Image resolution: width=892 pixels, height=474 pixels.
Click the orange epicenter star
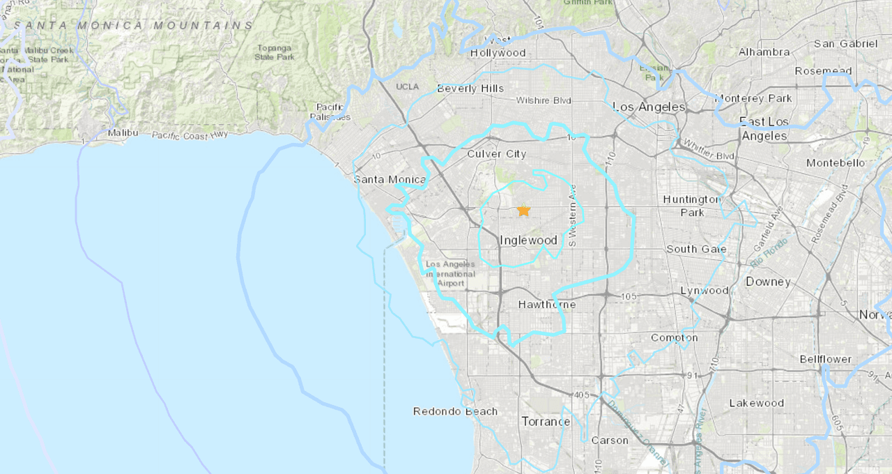pyautogui.click(x=523, y=211)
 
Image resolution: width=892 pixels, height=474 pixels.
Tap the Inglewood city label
pyautogui.click(x=529, y=240)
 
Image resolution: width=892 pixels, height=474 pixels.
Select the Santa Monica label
pyautogui.click(x=390, y=180)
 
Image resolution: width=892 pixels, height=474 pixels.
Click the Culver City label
pyautogui.click(x=497, y=154)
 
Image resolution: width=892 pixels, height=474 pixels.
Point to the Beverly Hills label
pyautogui.click(x=470, y=89)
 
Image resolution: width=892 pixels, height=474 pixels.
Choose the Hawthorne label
pyautogui.click(x=547, y=305)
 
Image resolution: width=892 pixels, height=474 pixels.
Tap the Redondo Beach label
pyautogui.click(x=455, y=411)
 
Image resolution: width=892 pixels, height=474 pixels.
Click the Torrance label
pyautogui.click(x=546, y=422)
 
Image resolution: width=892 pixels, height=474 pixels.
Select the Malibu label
pyautogui.click(x=123, y=132)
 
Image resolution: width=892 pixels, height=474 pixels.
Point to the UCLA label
pyautogui.click(x=407, y=86)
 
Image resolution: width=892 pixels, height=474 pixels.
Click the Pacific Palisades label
pyautogui.click(x=331, y=112)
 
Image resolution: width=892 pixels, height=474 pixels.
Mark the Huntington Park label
pyautogui.click(x=691, y=206)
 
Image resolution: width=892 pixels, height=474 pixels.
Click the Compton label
pyautogui.click(x=674, y=338)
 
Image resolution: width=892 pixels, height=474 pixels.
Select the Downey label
pyautogui.click(x=768, y=282)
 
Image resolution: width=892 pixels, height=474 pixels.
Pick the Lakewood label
pyautogui.click(x=756, y=404)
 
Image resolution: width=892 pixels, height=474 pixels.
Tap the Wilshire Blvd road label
pyautogui.click(x=544, y=101)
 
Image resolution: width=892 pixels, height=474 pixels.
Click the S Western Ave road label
pyautogui.click(x=573, y=215)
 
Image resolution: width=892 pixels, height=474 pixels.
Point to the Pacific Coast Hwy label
pyautogui.click(x=190, y=136)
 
